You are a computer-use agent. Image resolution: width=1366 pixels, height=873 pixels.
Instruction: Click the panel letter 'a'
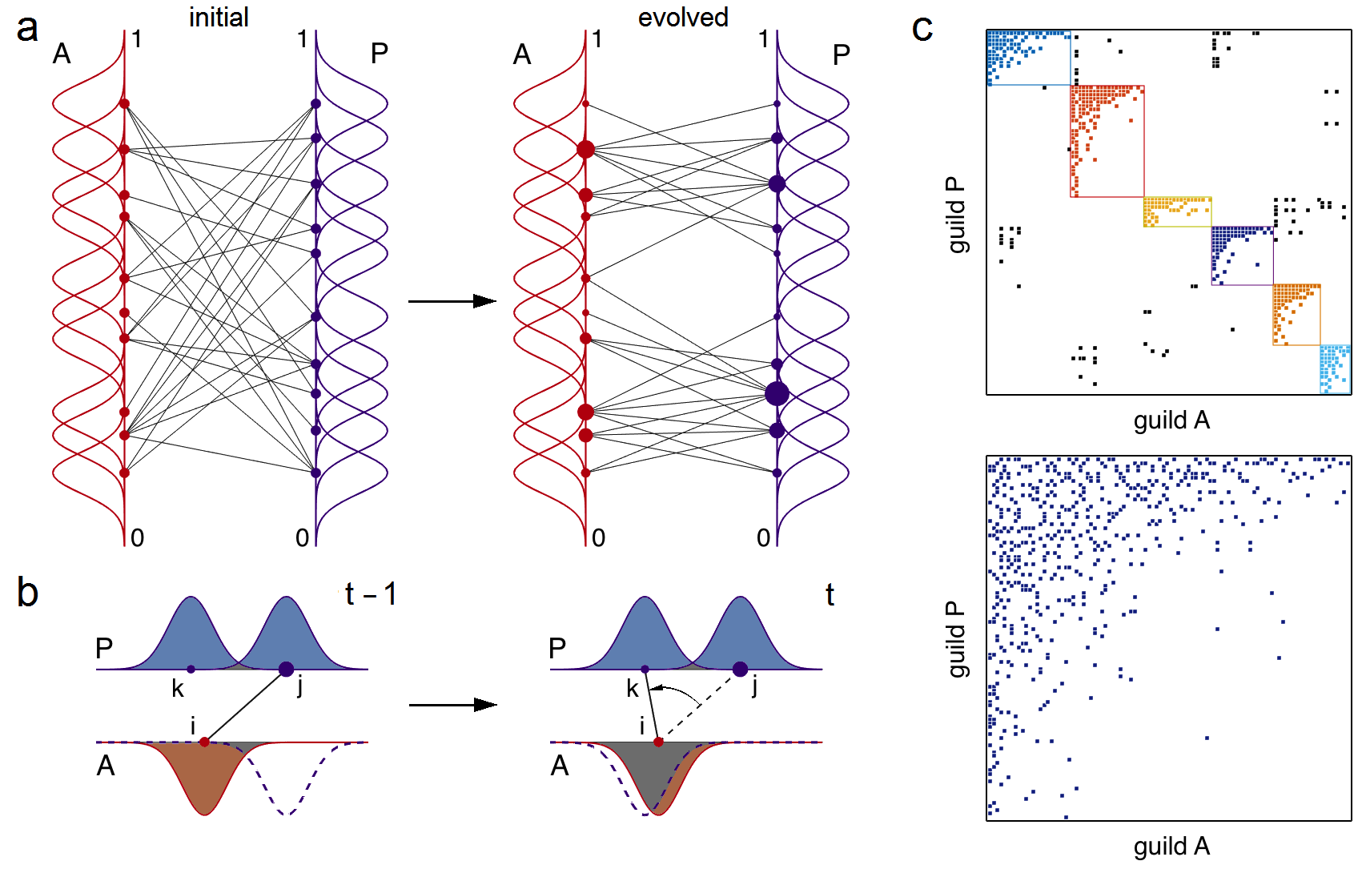[27, 30]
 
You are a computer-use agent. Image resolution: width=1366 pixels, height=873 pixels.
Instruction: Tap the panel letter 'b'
[27, 593]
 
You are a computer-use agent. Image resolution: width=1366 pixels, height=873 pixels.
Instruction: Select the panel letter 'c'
[922, 30]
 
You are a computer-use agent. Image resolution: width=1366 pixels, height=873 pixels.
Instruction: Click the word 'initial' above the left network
[219, 17]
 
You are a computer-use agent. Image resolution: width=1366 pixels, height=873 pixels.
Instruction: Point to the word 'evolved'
[683, 17]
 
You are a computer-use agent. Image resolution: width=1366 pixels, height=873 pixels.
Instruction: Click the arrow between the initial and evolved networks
[452, 301]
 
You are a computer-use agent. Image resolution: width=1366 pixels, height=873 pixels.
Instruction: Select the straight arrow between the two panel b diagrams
[452, 705]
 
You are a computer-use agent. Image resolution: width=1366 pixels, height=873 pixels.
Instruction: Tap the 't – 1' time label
[371, 594]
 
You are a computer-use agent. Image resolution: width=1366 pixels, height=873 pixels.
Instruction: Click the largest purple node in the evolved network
[777, 393]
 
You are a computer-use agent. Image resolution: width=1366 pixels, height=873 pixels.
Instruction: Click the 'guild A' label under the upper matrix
[1171, 420]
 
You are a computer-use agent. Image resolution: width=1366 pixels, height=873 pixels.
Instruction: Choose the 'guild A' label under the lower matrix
[1171, 846]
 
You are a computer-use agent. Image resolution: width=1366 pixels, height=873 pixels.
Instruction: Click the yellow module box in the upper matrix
[1177, 212]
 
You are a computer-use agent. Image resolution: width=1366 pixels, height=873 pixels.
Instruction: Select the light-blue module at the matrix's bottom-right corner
[1336, 369]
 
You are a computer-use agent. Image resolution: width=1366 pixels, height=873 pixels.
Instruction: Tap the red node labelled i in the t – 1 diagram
[205, 742]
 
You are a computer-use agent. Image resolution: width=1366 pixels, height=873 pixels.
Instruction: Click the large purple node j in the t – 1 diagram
[286, 669]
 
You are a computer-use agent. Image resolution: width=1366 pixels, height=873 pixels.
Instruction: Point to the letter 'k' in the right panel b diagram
[633, 688]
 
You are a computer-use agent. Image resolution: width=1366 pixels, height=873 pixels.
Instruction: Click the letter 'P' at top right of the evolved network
[841, 55]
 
